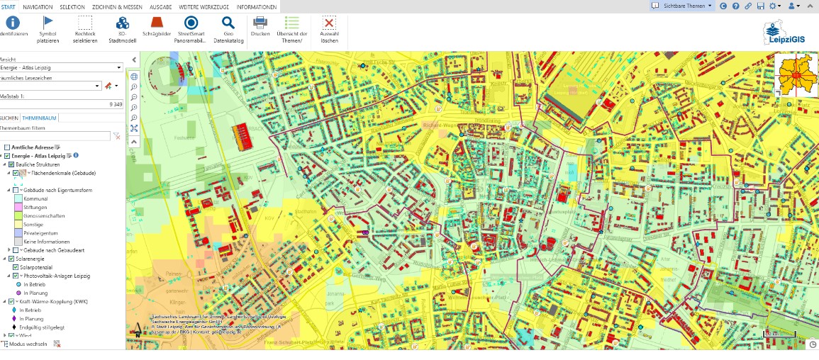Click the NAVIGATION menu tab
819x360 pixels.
click(38, 6)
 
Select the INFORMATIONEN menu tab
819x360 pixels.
click(257, 6)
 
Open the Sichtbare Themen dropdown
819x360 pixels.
click(682, 6)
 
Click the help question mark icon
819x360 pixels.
click(736, 6)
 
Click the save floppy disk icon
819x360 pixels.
click(761, 6)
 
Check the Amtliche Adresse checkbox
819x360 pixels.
click(7, 147)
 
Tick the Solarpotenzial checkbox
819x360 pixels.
click(16, 267)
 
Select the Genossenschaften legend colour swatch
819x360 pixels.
click(18, 215)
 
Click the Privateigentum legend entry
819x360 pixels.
click(40, 232)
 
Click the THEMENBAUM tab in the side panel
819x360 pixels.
click(39, 118)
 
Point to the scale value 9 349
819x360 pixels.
click(116, 104)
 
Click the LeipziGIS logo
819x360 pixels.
click(782, 33)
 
